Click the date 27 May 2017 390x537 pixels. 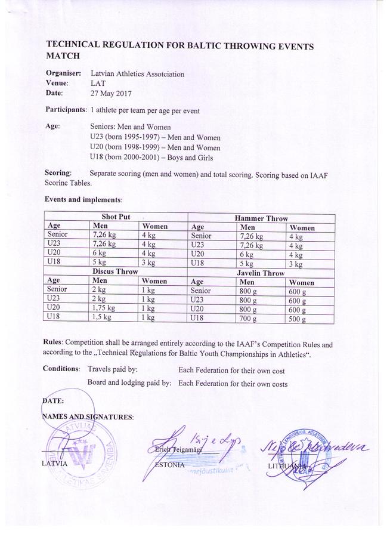(x=111, y=94)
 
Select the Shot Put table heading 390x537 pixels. (x=115, y=217)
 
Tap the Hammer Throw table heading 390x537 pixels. (x=261, y=219)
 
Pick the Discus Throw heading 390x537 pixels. (x=115, y=271)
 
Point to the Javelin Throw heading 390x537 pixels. (x=261, y=273)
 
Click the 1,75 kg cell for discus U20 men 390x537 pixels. (x=103, y=308)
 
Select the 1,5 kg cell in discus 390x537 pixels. (x=102, y=317)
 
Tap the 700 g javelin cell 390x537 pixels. (x=247, y=319)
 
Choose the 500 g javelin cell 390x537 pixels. (x=296, y=320)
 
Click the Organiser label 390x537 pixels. (x=63, y=73)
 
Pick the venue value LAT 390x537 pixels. (x=98, y=84)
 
